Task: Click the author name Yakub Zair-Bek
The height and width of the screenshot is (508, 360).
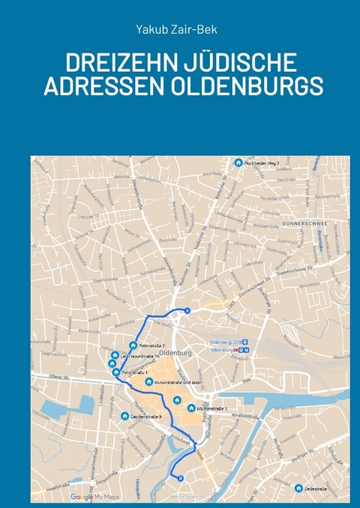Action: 179,29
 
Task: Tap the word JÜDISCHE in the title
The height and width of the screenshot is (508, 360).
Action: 237,63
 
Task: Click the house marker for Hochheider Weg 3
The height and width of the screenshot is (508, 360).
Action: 238,163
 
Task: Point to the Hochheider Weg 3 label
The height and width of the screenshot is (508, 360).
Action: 262,163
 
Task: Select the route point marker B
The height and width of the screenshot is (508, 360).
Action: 178,477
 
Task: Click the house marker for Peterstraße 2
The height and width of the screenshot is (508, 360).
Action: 133,345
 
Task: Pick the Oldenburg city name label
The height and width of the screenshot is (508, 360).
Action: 177,352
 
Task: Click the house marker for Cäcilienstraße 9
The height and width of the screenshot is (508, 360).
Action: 124,416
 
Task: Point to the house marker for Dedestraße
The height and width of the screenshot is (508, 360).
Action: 298,488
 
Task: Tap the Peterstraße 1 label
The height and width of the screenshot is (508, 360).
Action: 135,372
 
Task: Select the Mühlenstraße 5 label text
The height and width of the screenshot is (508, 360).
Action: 212,408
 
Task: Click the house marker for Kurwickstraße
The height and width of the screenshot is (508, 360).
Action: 148,381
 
